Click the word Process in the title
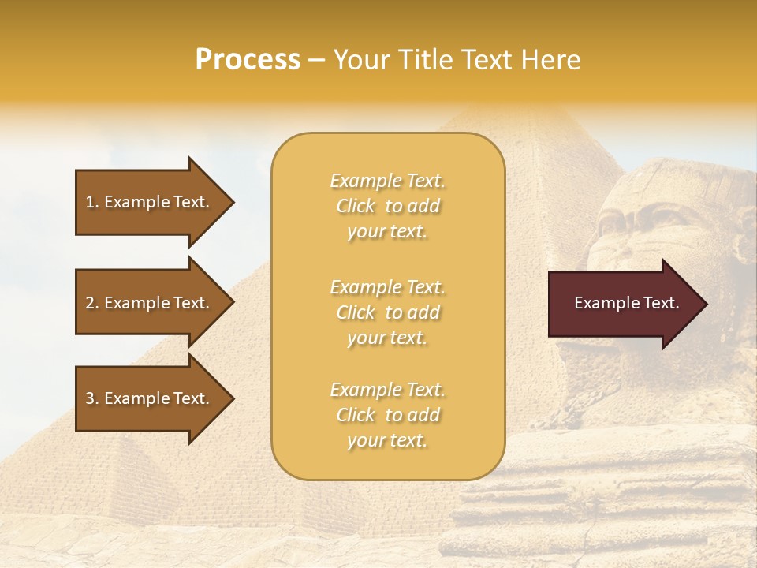click(248, 60)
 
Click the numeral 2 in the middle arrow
click(90, 303)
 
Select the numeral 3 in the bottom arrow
click(90, 398)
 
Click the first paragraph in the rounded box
click(387, 206)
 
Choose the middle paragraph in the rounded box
click(387, 312)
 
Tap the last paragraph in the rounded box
click(387, 415)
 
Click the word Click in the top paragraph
click(356, 206)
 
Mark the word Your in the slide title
click(360, 60)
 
